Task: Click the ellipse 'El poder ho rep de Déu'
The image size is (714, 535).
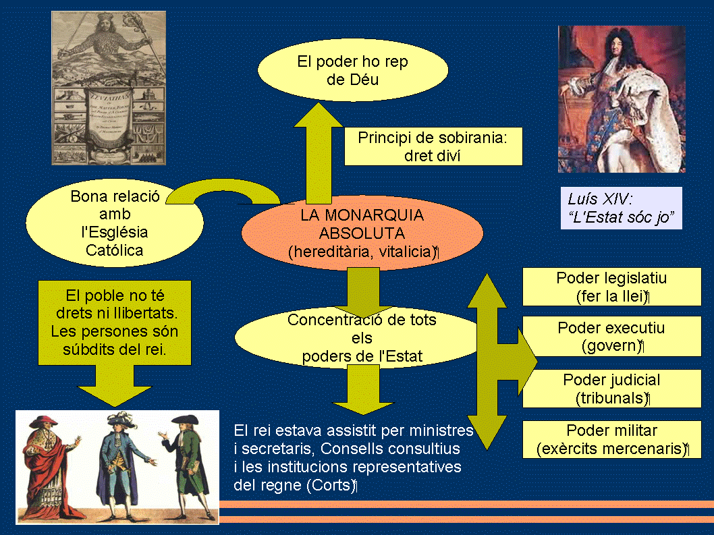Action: point(352,70)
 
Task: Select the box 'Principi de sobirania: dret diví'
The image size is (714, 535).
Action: point(433,146)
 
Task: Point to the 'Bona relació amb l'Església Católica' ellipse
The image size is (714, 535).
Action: point(115,224)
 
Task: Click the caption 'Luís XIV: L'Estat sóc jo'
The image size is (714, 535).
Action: point(621,208)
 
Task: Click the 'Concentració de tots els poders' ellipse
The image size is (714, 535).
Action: point(361,338)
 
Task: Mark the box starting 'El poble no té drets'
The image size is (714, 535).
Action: point(115,322)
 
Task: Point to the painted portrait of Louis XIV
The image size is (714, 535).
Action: point(621,98)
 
